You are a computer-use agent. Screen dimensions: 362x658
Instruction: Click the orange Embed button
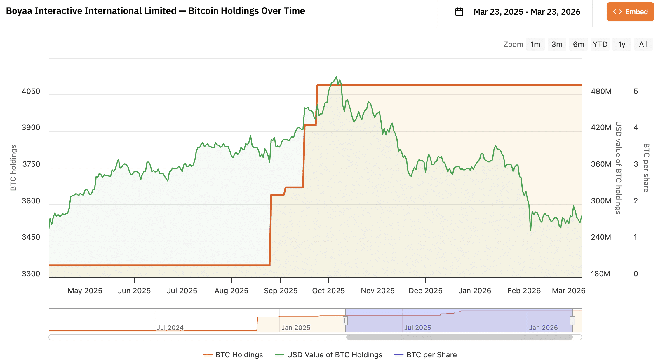630,12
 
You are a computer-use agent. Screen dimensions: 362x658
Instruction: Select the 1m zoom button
535,44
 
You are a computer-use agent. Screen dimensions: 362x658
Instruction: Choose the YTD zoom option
600,44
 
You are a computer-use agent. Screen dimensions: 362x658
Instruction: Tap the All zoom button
643,44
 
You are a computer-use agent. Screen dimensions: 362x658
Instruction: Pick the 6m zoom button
578,44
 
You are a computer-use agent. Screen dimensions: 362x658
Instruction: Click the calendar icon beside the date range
459,12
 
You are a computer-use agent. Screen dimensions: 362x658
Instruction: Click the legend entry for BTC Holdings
233,355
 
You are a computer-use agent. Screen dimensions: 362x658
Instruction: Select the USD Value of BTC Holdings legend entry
329,355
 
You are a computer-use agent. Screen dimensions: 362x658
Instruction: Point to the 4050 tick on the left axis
31,91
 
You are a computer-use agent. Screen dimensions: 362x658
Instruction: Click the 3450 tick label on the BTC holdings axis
31,237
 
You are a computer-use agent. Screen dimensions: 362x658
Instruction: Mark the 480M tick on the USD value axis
601,91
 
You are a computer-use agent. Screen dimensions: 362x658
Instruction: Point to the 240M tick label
601,237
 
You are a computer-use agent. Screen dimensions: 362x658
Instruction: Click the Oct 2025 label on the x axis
328,291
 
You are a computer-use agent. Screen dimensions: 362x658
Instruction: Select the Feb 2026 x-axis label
524,291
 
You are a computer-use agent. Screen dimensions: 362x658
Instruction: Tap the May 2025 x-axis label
85,291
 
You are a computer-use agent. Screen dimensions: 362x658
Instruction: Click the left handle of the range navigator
345,321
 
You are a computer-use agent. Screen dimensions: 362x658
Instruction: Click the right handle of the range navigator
572,321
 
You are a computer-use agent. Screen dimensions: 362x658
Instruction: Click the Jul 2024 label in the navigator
170,328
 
